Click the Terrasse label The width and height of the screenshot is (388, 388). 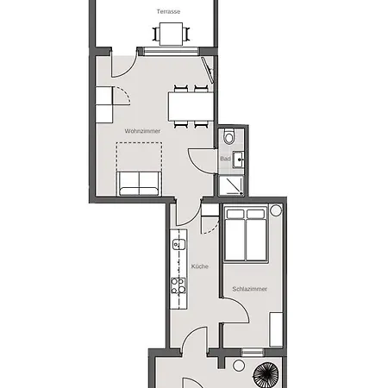pyautogui.click(x=168, y=11)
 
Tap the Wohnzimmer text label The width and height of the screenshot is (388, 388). pyautogui.click(x=142, y=131)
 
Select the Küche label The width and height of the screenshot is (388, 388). pyautogui.click(x=200, y=266)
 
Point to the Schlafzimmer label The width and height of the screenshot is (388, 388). pyautogui.click(x=249, y=289)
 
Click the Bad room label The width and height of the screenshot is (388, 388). pyautogui.click(x=225, y=159)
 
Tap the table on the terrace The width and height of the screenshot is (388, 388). pyautogui.click(x=171, y=34)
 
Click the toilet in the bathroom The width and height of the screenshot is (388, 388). pyautogui.click(x=229, y=136)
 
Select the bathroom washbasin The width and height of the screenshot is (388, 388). pyautogui.click(x=238, y=160)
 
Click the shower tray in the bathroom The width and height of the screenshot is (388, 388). pyautogui.click(x=231, y=185)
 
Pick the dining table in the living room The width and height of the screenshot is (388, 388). pyautogui.click(x=191, y=106)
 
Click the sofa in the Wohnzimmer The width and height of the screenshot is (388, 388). pyautogui.click(x=139, y=184)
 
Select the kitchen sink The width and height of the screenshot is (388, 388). pyautogui.click(x=178, y=245)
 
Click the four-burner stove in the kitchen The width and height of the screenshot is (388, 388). pyautogui.click(x=178, y=285)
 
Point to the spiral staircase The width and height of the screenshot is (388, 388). pyautogui.click(x=266, y=375)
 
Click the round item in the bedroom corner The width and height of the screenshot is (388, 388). pyautogui.click(x=276, y=210)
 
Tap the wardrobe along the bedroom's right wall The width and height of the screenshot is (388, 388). pyautogui.click(x=276, y=329)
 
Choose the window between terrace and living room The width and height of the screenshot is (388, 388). pyautogui.click(x=171, y=52)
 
